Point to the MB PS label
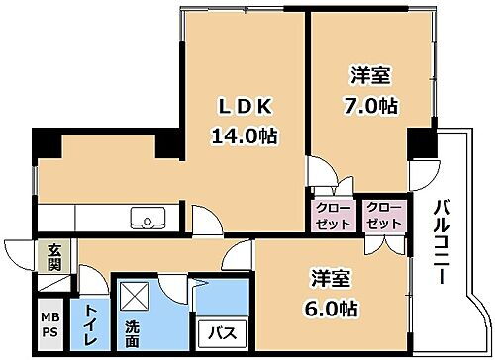click(x=49, y=325)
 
